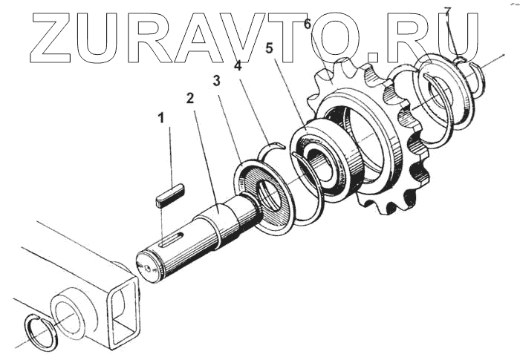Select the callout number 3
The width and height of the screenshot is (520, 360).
(x=217, y=80)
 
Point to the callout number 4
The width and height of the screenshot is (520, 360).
(x=238, y=67)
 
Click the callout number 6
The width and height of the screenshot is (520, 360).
(x=307, y=24)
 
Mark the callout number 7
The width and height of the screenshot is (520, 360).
(x=447, y=11)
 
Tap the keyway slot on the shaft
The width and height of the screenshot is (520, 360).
(x=171, y=240)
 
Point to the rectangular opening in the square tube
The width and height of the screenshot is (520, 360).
(x=126, y=312)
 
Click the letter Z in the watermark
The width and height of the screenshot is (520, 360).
(x=53, y=37)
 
